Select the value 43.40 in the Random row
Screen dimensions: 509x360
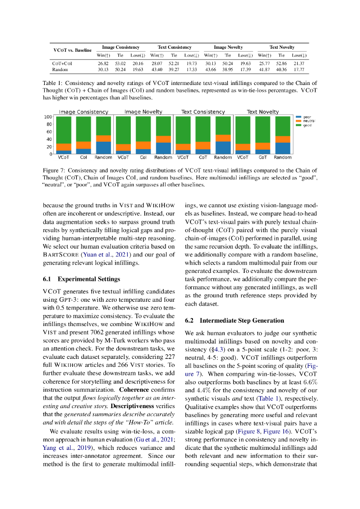pyautogui.click(x=157, y=70)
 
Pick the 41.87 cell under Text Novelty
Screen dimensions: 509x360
pyautogui.click(x=264, y=70)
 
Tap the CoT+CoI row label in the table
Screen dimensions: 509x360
pyautogui.click(x=62, y=64)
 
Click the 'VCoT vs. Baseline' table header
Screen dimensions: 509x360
pyautogui.click(x=73, y=50)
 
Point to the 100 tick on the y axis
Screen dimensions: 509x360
pyautogui.click(x=49, y=117)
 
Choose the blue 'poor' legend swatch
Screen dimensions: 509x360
pyautogui.click(x=298, y=117)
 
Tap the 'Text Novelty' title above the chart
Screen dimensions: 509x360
pyautogui.click(x=263, y=112)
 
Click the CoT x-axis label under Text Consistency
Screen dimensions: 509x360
pyautogui.click(x=203, y=158)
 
